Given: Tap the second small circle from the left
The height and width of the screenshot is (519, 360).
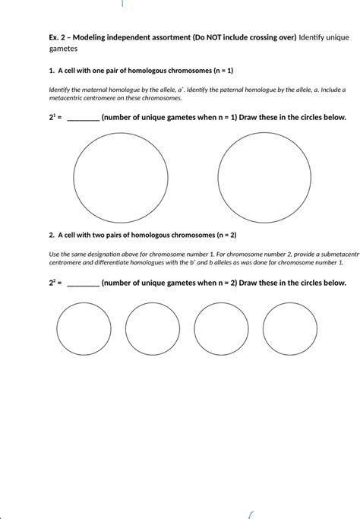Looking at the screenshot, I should coord(153,329).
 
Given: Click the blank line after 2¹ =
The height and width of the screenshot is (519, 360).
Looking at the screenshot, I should coord(83,118).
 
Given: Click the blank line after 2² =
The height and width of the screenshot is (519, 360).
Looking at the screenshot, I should coord(83,283).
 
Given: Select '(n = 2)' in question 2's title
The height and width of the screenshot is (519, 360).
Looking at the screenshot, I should coord(221,236).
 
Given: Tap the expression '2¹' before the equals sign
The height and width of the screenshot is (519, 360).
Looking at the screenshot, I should coord(52,118).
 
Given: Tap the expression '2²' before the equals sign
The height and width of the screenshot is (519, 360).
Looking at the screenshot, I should coord(52,283).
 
